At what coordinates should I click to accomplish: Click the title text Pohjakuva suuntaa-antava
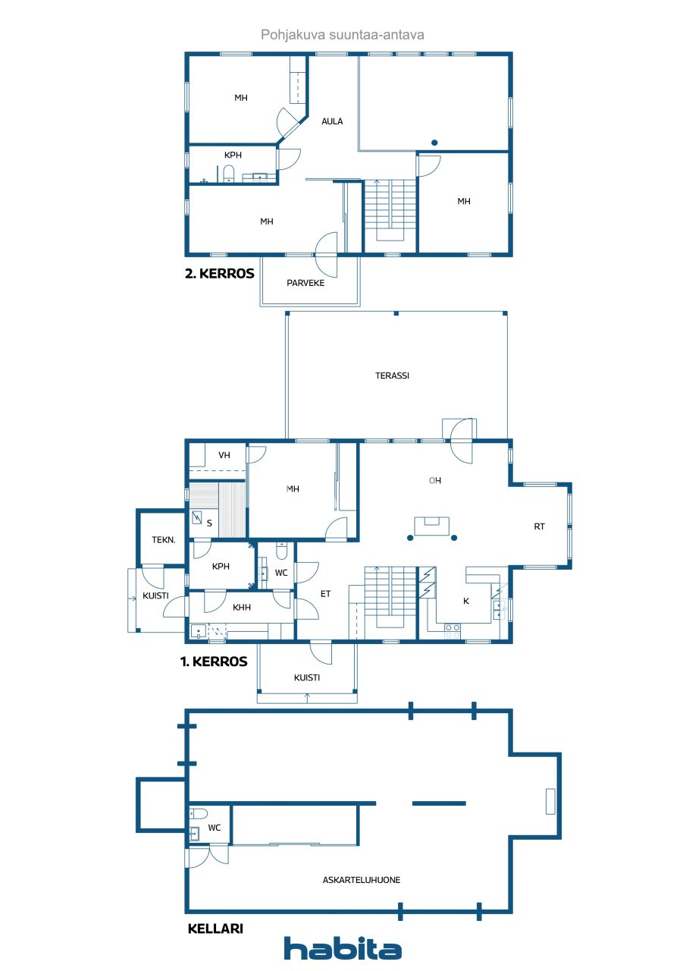point(343,35)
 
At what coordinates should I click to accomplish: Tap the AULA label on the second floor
point(332,121)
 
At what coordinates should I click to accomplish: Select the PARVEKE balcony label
point(305,283)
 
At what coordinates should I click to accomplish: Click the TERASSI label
point(393,375)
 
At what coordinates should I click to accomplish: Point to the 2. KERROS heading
point(220,274)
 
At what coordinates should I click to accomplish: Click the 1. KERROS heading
point(214,661)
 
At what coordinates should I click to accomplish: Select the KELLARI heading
point(215,928)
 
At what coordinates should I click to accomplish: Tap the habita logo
point(343,949)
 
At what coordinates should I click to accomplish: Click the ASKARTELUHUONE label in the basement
point(362,880)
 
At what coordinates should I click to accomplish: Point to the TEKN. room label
point(164,540)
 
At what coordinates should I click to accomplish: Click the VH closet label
point(224,455)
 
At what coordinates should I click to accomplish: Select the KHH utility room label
point(242,607)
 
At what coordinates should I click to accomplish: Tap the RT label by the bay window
point(539,526)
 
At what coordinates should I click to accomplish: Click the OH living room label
point(434,480)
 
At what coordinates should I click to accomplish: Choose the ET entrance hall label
point(325,594)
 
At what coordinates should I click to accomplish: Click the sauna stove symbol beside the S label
point(197,519)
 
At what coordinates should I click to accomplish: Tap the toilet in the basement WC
point(199,814)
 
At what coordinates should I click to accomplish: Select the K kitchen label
point(466,601)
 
